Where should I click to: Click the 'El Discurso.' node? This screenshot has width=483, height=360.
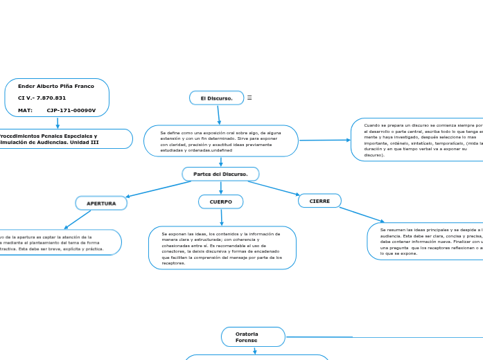(216, 98)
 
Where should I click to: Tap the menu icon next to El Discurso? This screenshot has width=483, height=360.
(249, 98)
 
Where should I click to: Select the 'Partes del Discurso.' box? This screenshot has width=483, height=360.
(220, 174)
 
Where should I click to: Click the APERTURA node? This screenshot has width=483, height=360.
(101, 204)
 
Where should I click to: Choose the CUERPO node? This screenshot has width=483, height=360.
(220, 201)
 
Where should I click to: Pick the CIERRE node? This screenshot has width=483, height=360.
(319, 201)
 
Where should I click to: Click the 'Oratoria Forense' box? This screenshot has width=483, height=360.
(252, 337)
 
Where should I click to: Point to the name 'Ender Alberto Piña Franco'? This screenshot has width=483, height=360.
(56, 87)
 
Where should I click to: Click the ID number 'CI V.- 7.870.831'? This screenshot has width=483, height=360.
(42, 98)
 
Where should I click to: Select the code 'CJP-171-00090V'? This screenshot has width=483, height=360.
(71, 110)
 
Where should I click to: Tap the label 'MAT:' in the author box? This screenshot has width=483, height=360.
(26, 110)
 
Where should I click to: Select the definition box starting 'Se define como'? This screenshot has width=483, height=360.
(220, 141)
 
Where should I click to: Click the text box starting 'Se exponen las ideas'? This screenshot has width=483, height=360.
(222, 248)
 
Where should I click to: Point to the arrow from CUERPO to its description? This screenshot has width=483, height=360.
(221, 217)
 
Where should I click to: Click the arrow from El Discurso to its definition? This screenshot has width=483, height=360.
(219, 115)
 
